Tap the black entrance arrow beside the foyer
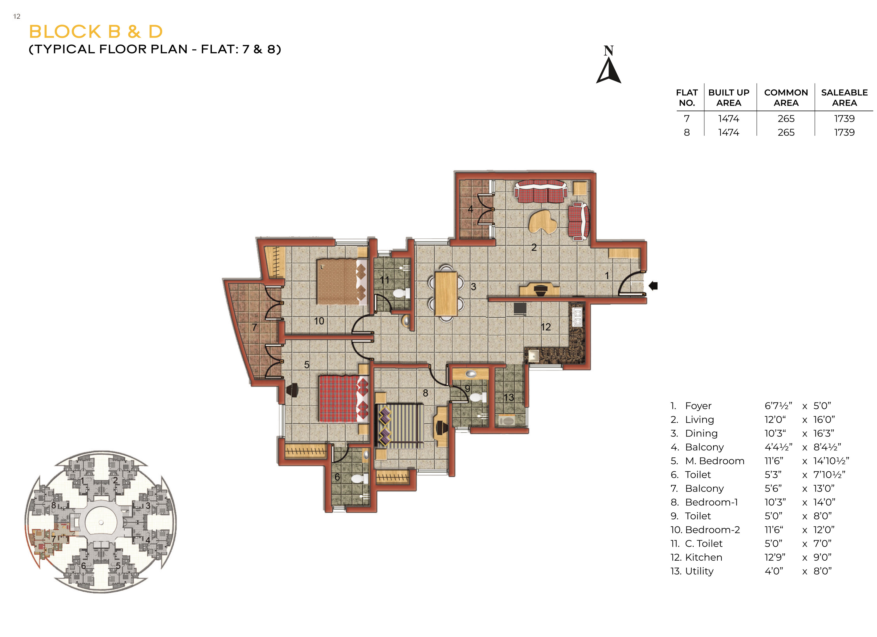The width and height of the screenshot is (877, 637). pyautogui.click(x=653, y=286)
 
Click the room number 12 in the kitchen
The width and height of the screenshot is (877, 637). pyautogui.click(x=546, y=327)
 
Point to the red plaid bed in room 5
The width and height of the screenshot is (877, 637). pyautogui.click(x=343, y=398)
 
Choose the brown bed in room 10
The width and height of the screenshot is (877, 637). pyautogui.click(x=341, y=282)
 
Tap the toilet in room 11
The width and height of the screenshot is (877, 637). pyautogui.click(x=401, y=293)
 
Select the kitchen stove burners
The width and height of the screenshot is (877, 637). pyautogui.click(x=577, y=317)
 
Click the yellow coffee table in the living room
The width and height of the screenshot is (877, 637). pyautogui.click(x=543, y=221)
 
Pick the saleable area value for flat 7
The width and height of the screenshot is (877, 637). pyautogui.click(x=844, y=119)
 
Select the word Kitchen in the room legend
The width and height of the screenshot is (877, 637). pyautogui.click(x=703, y=557)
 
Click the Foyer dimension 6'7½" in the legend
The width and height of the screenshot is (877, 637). pyautogui.click(x=778, y=406)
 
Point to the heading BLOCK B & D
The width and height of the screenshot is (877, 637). pyautogui.click(x=96, y=32)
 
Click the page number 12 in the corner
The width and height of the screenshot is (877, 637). pyautogui.click(x=17, y=16)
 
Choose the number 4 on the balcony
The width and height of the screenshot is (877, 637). pyautogui.click(x=471, y=209)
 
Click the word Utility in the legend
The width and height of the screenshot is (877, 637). pyautogui.click(x=699, y=571)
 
